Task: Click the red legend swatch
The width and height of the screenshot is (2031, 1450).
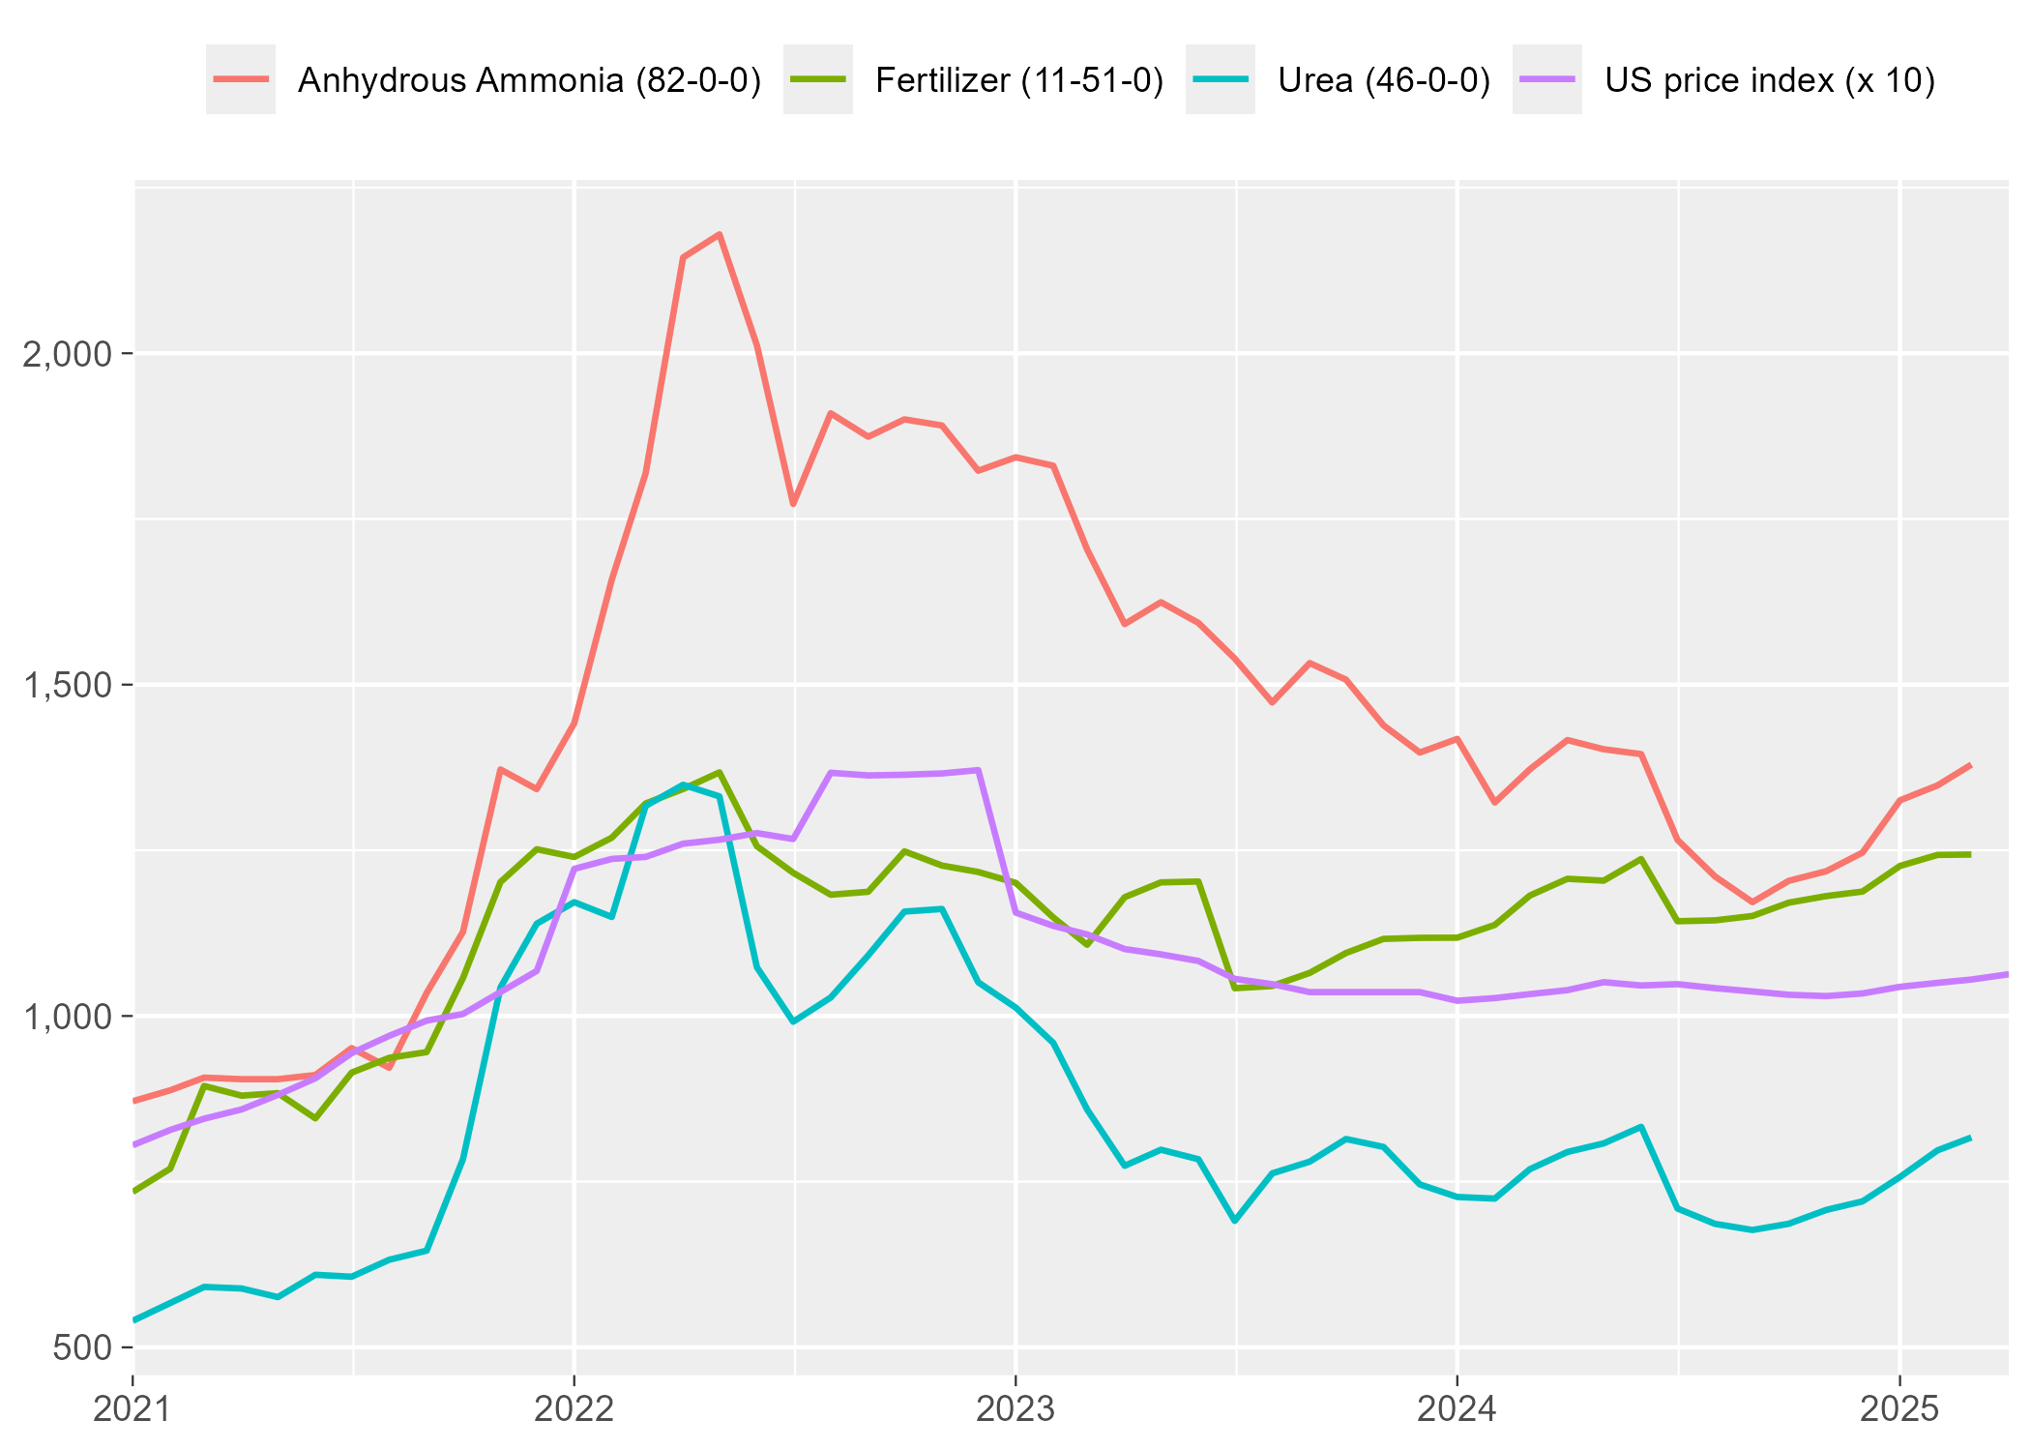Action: [241, 79]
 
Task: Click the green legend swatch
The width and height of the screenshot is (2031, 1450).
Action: [818, 79]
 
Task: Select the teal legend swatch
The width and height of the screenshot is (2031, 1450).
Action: [1221, 79]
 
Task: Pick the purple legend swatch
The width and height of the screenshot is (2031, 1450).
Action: [1547, 79]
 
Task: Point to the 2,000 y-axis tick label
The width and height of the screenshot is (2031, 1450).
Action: [67, 354]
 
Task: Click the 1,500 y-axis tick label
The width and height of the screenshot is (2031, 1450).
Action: [67, 686]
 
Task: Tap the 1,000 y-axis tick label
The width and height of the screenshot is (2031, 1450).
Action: [67, 1017]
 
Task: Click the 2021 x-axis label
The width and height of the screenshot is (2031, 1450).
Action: [132, 1408]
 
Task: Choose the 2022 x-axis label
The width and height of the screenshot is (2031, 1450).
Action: [574, 1408]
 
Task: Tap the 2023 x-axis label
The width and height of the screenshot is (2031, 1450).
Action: [1015, 1408]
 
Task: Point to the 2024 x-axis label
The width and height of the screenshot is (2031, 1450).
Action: [1457, 1408]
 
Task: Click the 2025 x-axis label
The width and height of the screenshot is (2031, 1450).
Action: [1899, 1408]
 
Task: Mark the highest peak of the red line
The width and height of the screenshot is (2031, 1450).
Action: [720, 234]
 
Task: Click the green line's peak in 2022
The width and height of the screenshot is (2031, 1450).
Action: [720, 772]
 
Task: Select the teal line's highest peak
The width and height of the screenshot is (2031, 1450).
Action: [683, 784]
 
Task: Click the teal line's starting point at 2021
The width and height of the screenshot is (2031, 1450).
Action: [133, 1320]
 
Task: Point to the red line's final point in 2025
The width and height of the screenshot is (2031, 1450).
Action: [1970, 765]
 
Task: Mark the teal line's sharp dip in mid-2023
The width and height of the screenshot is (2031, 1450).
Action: [1235, 1221]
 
